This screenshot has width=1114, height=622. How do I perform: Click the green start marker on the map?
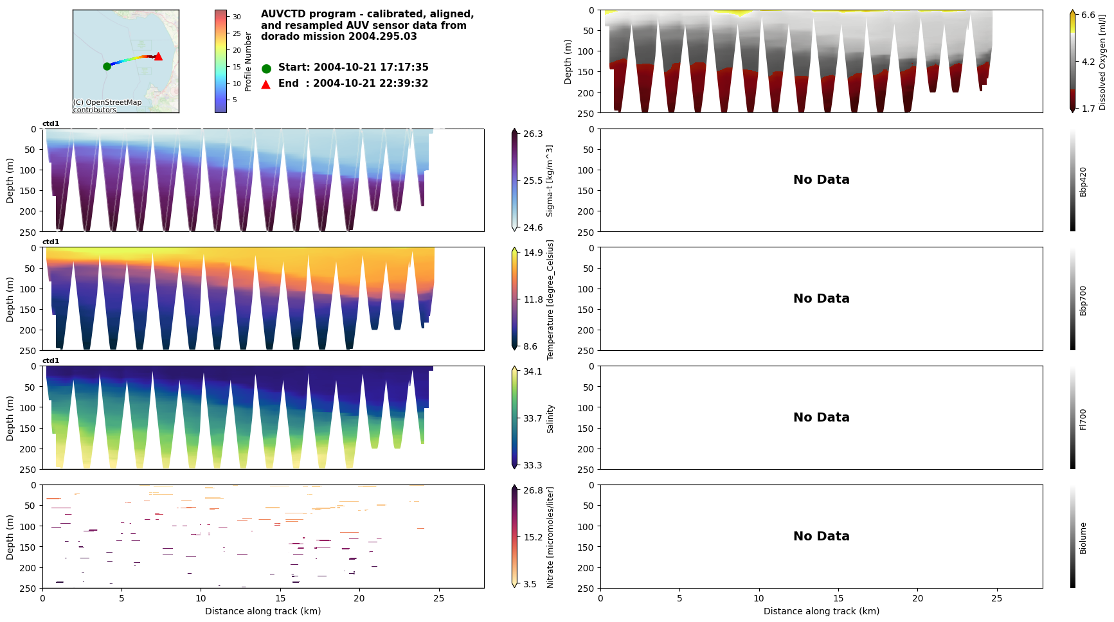click(107, 66)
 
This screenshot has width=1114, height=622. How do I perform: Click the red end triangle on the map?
click(158, 57)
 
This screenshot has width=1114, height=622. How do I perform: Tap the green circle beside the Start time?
click(266, 68)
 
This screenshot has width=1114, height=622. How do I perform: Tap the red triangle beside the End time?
click(266, 84)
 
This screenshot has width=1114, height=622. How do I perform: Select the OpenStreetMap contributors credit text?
click(107, 106)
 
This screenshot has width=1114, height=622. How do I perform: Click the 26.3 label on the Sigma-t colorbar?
click(533, 134)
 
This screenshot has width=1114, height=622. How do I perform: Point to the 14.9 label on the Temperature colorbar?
click(533, 253)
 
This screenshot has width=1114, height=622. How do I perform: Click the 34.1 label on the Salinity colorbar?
click(533, 371)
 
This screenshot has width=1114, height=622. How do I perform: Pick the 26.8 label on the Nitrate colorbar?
click(533, 490)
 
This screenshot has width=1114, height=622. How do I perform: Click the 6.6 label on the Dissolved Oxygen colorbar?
click(1088, 15)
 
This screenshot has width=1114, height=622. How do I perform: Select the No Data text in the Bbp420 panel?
click(821, 180)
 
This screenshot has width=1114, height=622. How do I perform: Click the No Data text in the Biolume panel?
click(821, 537)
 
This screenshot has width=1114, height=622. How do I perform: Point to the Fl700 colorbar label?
click(1083, 419)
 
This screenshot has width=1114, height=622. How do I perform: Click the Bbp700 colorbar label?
click(1083, 301)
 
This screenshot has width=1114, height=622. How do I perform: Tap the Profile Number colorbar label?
click(248, 62)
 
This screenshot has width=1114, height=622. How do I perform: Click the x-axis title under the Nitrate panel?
click(263, 611)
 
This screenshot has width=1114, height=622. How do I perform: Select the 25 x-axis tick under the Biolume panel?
click(996, 598)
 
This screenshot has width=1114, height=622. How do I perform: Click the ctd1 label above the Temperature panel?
click(51, 242)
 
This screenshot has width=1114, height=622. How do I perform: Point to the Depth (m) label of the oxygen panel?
click(568, 62)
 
